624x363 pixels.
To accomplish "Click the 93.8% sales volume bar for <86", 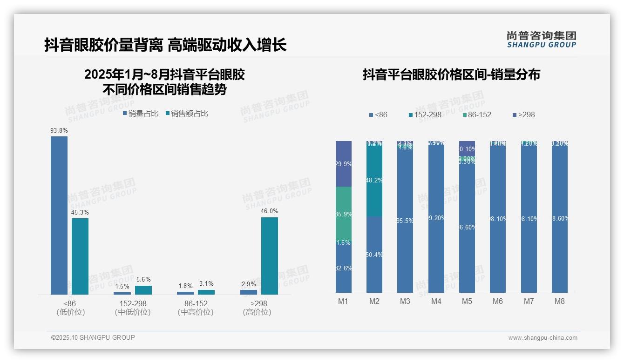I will coord(59,215).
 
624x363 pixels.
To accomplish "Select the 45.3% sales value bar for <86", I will coord(80,256).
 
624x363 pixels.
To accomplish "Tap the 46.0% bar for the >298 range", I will coord(270,255).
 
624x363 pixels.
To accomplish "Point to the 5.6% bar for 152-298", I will coord(143,290).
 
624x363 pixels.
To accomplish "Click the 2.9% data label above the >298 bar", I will coord(248,284).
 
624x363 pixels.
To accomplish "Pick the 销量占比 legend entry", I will coord(141,113).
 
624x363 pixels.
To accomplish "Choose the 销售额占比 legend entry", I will coord(187,113).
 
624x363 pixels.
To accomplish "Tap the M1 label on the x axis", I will coord(343,301).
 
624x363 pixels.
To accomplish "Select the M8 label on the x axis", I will coord(560,301).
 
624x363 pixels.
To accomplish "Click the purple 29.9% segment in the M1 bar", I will coord(344,163).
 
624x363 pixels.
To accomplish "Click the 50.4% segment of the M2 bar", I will coord(374,255).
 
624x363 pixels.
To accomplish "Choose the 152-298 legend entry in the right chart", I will coord(425,114).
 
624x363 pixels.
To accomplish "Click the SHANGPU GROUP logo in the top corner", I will coord(542,39).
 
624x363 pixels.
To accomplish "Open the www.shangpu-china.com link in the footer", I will coord(543,338).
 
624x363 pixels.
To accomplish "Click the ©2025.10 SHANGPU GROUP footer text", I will coord(93,337).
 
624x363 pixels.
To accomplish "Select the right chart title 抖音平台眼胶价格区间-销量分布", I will coord(451,74).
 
